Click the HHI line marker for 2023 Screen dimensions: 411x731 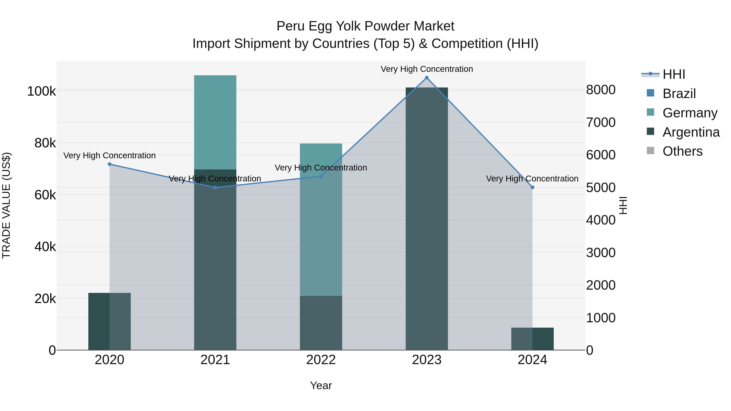click(x=426, y=78)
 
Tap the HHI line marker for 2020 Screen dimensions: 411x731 click(x=109, y=164)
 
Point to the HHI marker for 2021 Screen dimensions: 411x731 click(x=215, y=188)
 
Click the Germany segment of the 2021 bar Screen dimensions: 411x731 click(x=215, y=122)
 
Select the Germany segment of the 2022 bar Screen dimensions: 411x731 click(x=321, y=227)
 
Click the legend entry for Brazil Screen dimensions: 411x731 click(x=679, y=94)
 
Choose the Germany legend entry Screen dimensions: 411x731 click(x=690, y=113)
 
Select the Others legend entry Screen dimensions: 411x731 click(x=682, y=151)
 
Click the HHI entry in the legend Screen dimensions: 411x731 click(x=674, y=74)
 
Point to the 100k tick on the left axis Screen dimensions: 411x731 click(x=41, y=91)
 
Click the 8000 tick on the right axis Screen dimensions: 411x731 click(x=601, y=90)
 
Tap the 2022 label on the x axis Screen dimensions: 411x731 click(x=321, y=360)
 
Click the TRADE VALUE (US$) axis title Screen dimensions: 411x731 click(x=6, y=205)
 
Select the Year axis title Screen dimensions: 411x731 click(x=321, y=385)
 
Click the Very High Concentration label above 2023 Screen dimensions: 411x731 click(x=426, y=69)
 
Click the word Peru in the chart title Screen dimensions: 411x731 click(x=290, y=26)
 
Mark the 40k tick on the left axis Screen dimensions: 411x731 click(x=45, y=247)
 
